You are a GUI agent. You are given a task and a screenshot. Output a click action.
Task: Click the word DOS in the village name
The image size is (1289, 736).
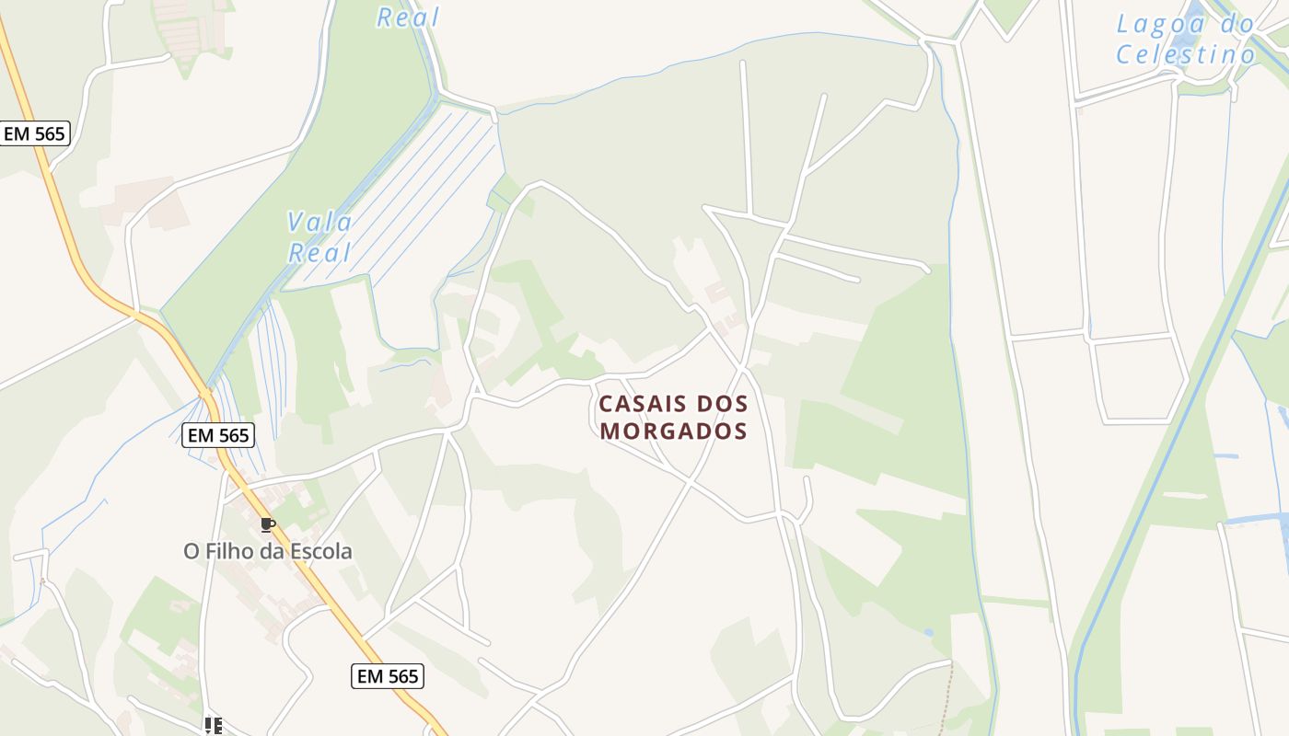click(723, 404)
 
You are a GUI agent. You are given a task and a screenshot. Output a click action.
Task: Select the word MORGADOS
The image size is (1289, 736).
click(673, 431)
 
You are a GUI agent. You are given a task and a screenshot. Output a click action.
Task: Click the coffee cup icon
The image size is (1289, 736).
click(267, 524)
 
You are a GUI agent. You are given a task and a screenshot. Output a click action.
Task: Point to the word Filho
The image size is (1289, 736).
click(229, 552)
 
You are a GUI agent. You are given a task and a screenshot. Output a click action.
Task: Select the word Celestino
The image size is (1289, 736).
click(1186, 55)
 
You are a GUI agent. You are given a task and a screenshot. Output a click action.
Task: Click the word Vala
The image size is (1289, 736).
click(319, 222)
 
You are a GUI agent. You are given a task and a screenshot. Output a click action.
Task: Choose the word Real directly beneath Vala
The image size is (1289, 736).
click(320, 253)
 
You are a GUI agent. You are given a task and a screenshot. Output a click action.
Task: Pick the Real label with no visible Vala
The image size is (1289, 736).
click(408, 17)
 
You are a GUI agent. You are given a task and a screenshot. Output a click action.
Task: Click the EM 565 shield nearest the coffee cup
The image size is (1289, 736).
click(219, 435)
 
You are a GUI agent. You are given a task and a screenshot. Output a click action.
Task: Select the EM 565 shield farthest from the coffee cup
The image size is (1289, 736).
click(35, 133)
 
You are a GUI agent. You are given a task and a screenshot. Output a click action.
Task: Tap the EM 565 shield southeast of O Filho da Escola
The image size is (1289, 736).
click(388, 676)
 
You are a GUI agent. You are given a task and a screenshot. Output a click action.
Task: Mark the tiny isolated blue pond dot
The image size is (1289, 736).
click(928, 633)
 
